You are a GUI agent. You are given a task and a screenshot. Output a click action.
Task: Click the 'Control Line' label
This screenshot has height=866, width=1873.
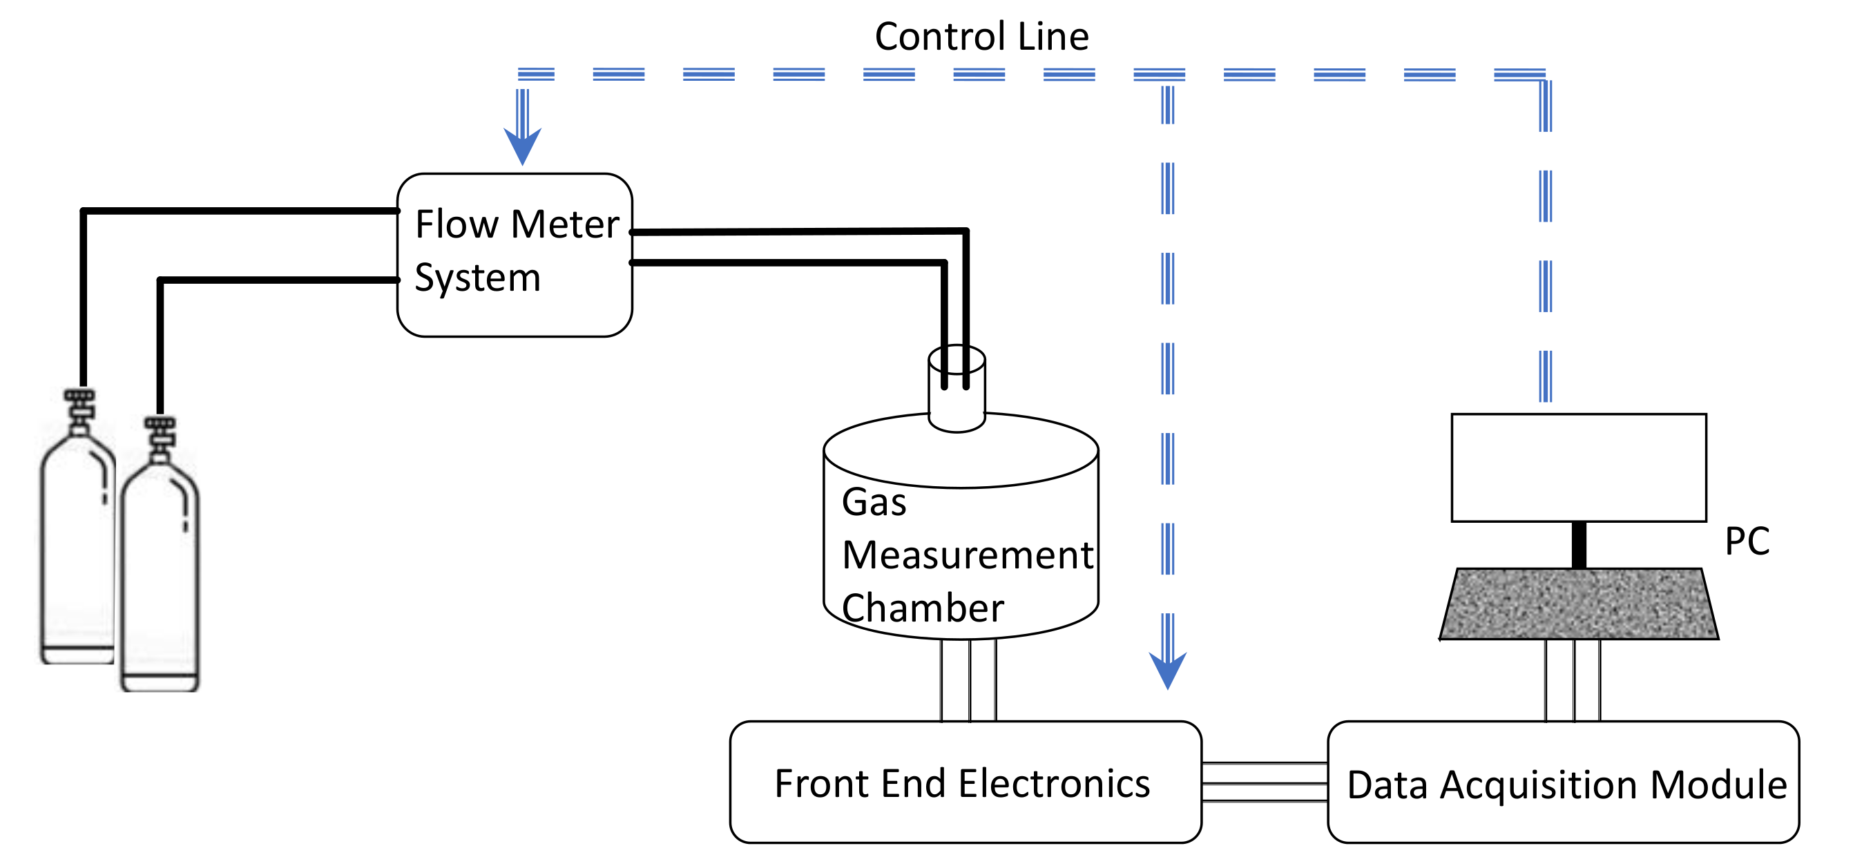(981, 37)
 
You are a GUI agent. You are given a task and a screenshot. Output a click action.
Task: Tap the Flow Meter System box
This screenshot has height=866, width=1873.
(514, 255)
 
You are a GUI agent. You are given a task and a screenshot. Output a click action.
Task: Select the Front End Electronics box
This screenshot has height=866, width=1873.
(965, 782)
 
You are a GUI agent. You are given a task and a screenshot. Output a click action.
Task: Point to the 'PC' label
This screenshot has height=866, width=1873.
(1747, 541)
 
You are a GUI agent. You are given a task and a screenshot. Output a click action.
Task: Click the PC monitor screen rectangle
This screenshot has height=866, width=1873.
(1579, 468)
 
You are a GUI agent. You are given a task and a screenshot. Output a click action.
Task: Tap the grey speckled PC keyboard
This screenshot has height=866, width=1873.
(1579, 604)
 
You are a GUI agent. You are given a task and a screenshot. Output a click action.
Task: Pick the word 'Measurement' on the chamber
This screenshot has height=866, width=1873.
(967, 555)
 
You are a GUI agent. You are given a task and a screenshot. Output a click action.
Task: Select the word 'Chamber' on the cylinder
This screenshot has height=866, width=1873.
(922, 608)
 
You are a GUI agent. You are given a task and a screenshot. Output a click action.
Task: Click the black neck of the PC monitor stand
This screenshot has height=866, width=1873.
(1579, 545)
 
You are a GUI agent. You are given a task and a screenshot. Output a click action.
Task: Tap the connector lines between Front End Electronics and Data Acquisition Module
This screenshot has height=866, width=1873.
(1265, 782)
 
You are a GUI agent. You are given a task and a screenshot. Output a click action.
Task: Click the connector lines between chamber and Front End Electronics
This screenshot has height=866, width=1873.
(968, 680)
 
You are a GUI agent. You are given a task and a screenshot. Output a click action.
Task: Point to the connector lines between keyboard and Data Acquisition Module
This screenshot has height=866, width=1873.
(1573, 680)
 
